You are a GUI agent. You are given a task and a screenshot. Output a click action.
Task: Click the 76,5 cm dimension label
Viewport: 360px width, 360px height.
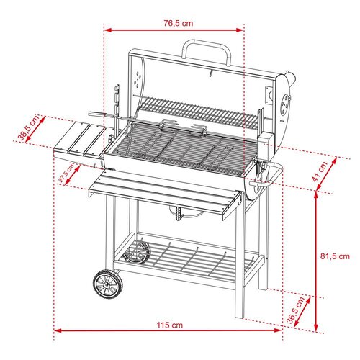[179, 23]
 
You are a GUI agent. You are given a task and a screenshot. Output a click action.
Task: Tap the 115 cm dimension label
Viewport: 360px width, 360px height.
[170, 325]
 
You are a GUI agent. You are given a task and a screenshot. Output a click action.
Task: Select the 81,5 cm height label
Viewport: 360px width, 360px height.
[335, 256]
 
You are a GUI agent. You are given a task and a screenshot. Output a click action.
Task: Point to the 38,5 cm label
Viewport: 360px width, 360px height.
[28, 128]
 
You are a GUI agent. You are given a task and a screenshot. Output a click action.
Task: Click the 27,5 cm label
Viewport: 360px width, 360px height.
[67, 174]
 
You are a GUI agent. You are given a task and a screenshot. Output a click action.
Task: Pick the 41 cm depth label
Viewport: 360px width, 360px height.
[320, 172]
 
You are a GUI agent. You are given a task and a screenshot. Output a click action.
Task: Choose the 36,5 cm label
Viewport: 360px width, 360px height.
[296, 310]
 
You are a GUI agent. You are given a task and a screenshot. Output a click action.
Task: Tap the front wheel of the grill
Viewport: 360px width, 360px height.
[108, 284]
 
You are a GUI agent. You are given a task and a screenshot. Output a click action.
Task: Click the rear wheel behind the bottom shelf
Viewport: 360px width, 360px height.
[138, 253]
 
